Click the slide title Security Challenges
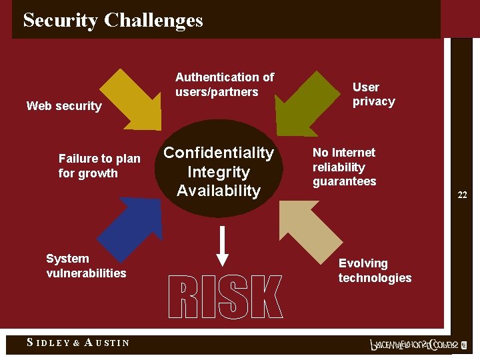pos(113,20)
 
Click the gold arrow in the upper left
pos(134,99)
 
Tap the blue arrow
pos(129,227)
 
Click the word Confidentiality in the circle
pos(219,153)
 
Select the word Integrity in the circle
pos(219,172)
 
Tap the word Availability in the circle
pos(219,191)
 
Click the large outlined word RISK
pos(225,297)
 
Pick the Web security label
pos(64,106)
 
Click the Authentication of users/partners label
pos(224,85)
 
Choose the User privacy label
pos(373,94)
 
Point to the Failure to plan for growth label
pos(99,166)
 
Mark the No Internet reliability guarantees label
pos(344,167)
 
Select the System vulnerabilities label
pos(86,265)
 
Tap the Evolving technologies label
pos(375,271)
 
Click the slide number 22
pos(462,195)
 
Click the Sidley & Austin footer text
pos(78,343)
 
